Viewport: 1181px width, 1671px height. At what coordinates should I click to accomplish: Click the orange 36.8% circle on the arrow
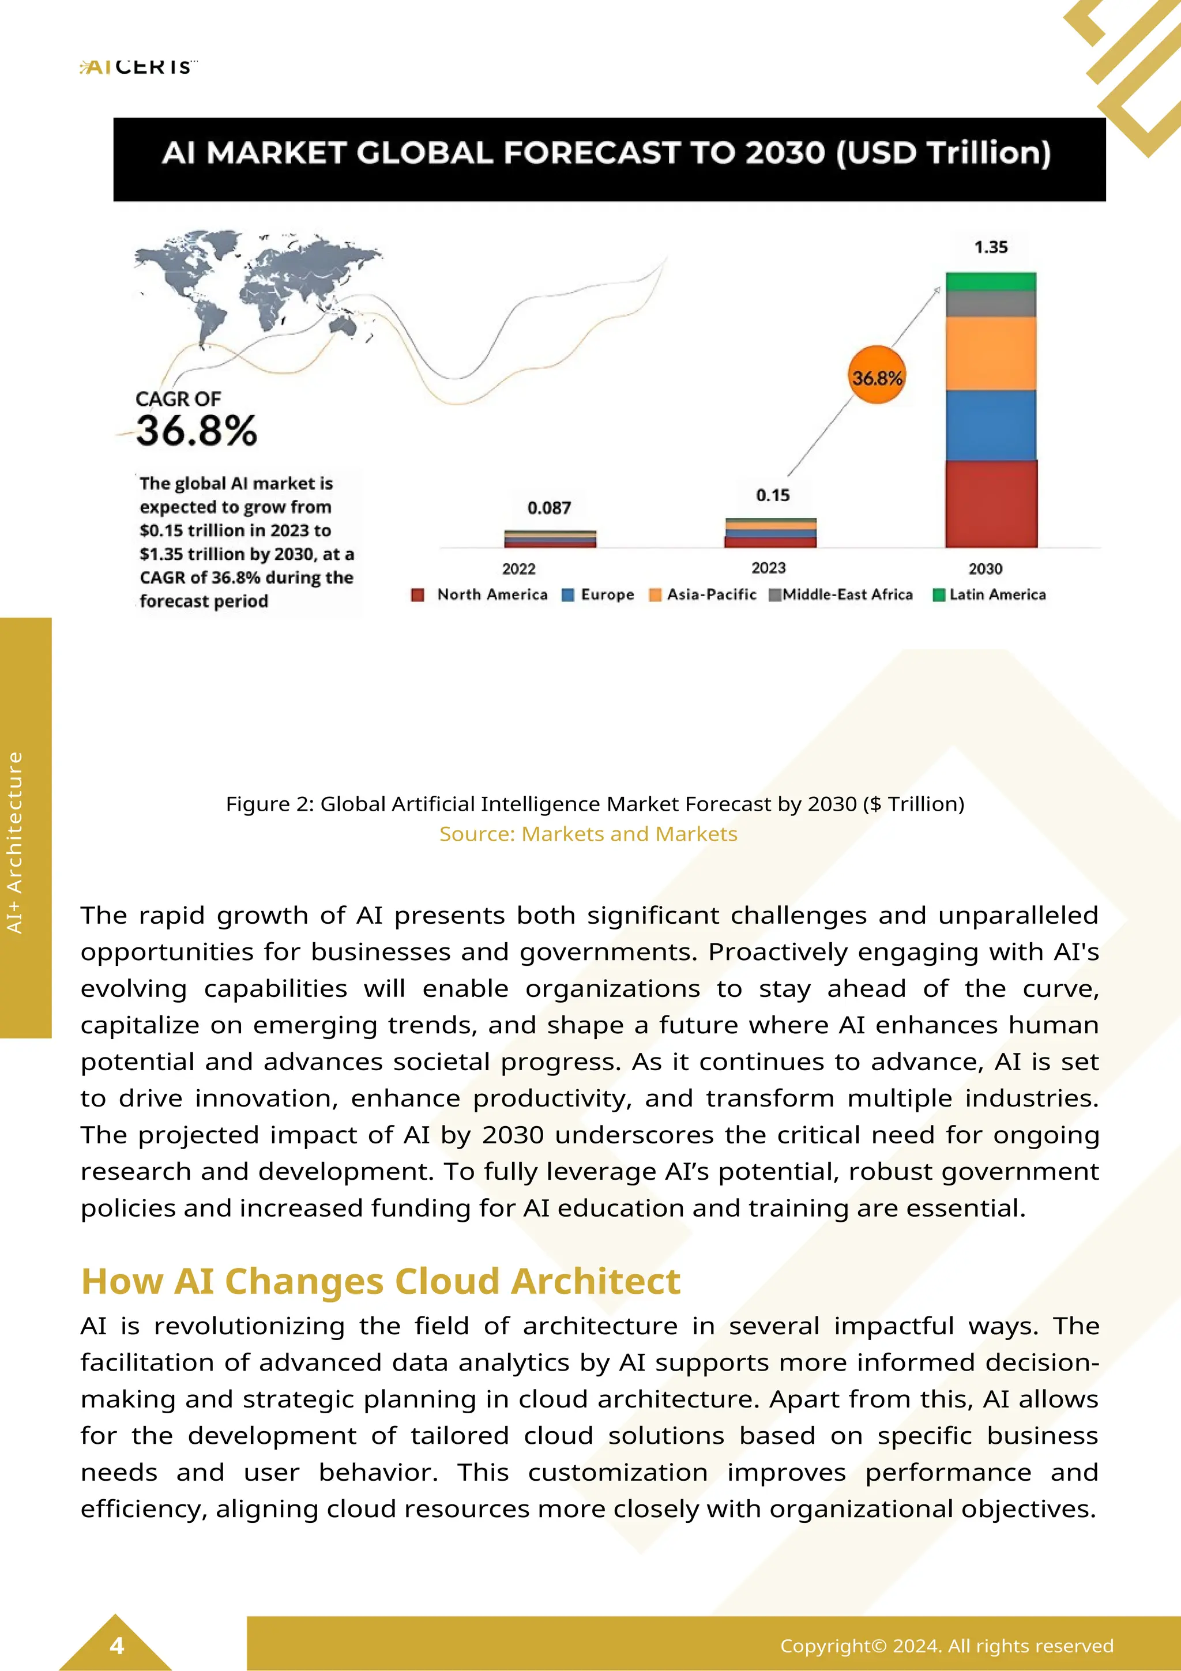click(877, 377)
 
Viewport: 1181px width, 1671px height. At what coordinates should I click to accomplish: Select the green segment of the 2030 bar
click(990, 281)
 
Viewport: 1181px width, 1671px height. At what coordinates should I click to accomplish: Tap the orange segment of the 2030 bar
click(990, 353)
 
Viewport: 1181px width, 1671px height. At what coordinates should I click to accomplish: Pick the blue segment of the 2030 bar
click(990, 425)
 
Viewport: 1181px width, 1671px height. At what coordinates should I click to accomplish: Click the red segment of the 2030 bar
click(990, 503)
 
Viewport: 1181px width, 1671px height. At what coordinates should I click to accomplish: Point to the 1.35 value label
click(990, 247)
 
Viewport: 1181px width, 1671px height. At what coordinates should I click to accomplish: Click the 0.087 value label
click(548, 507)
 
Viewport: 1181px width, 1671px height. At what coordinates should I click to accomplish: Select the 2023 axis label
click(769, 568)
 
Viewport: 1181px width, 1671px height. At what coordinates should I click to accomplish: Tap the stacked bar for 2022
click(550, 539)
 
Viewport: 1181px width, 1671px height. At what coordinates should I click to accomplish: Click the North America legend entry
click(480, 594)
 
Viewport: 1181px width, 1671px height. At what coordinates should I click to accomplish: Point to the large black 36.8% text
click(197, 430)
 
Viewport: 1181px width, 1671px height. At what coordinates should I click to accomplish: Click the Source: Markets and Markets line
click(588, 834)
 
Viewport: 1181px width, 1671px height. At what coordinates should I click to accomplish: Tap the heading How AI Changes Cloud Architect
click(381, 1281)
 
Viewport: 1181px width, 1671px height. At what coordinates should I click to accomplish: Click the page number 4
click(116, 1646)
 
